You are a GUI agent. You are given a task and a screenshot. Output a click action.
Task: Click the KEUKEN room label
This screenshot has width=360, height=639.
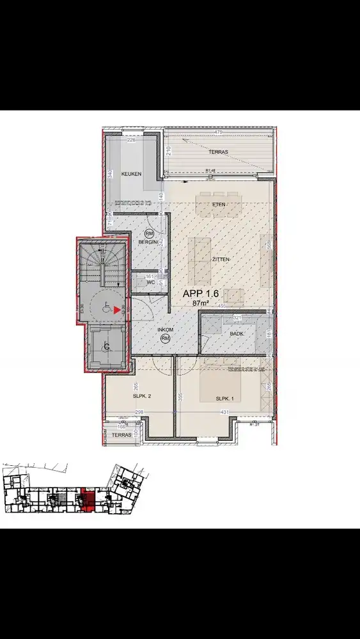tap(131, 174)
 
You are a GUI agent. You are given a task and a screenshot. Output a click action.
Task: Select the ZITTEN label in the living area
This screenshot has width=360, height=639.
tap(219, 259)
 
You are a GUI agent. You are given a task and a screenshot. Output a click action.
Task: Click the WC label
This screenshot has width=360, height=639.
tap(150, 282)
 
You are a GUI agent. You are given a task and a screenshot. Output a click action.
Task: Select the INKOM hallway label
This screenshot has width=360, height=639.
tap(166, 330)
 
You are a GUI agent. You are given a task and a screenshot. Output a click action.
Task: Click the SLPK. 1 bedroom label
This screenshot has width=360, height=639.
tap(225, 398)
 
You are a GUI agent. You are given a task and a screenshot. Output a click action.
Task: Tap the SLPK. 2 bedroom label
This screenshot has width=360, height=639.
tap(141, 396)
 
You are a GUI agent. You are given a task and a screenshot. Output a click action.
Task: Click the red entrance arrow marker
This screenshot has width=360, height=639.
tap(117, 311)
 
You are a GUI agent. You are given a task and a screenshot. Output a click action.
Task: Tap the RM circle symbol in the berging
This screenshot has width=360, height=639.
tap(150, 235)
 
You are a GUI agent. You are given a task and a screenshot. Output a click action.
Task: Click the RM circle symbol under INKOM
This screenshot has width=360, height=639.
tap(166, 338)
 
